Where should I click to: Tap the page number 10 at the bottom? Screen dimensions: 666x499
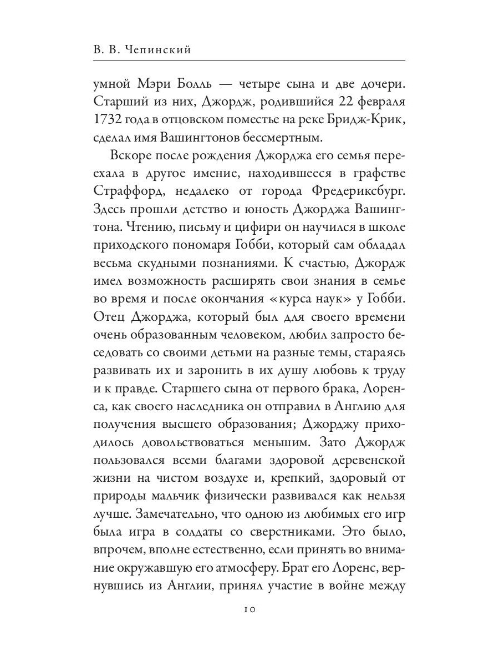point(249,609)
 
